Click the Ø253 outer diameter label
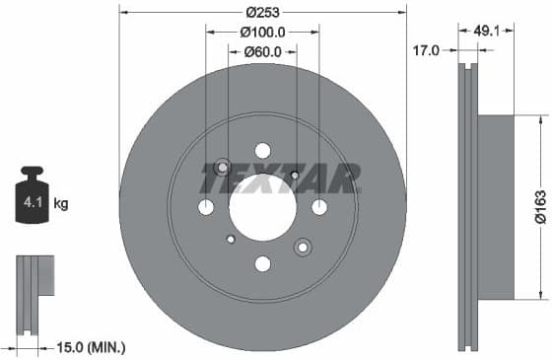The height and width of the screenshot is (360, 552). coord(261,13)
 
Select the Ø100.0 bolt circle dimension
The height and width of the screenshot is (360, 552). coord(261,33)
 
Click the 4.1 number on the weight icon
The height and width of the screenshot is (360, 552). coord(30,204)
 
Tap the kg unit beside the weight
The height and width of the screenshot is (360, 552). coord(61,204)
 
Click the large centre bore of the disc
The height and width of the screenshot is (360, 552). coord(262,207)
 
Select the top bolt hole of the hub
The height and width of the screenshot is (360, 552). coord(262,150)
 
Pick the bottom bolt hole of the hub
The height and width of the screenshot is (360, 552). coord(262,263)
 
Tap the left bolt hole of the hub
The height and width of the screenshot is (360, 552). coord(205,207)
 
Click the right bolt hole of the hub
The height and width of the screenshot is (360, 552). coord(319,207)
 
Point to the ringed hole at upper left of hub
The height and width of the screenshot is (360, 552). coord(222,167)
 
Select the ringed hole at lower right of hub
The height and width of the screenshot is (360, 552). coord(303,248)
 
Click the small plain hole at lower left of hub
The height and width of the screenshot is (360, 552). coord(231,239)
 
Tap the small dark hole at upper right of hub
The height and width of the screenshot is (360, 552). coord(295,175)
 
